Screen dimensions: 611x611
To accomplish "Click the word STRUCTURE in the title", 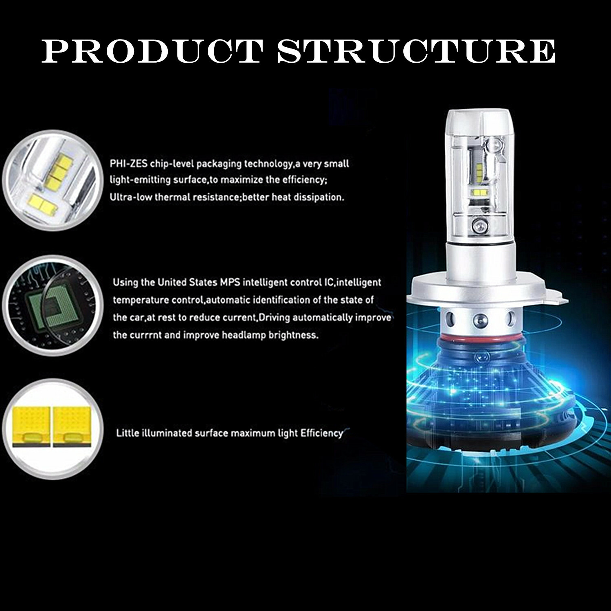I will [x=416, y=51].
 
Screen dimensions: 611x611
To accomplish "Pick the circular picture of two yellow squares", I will [x=52, y=428].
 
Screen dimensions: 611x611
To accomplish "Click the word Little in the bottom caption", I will [x=128, y=433].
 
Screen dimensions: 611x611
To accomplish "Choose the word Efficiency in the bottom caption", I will [x=321, y=433].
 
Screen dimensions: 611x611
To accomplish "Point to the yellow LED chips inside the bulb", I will [x=477, y=191].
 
